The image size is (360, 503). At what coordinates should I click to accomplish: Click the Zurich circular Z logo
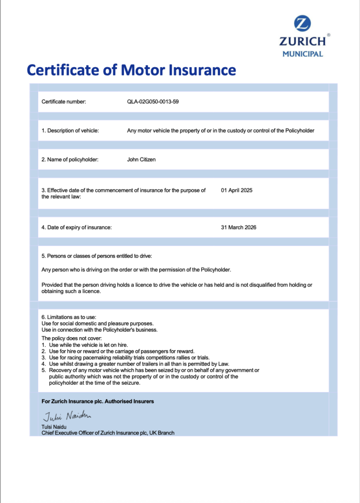(302, 23)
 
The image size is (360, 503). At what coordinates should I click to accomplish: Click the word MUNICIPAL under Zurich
(302, 54)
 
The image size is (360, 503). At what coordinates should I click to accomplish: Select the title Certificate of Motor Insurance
(131, 70)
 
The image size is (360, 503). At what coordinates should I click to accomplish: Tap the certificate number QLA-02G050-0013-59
(153, 102)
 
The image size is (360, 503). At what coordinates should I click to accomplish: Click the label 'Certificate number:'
(64, 102)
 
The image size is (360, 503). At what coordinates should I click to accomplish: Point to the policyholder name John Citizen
(141, 159)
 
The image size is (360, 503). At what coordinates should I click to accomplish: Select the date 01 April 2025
(237, 190)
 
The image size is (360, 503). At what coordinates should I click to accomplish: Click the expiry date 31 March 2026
(238, 227)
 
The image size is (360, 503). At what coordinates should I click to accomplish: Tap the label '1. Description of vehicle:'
(70, 130)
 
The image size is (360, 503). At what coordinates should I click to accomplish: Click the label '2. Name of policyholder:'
(70, 159)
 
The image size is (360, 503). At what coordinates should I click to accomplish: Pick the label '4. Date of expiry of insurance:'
(76, 227)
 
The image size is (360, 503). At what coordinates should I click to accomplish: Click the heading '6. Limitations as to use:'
(69, 317)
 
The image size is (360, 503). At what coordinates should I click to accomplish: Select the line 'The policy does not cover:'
(71, 338)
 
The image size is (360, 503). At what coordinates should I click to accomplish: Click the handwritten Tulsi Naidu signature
(67, 415)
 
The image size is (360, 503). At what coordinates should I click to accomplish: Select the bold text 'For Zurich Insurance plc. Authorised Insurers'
(97, 401)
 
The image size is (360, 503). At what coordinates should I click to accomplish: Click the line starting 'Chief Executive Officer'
(108, 433)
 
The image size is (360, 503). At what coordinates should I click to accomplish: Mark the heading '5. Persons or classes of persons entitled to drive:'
(97, 256)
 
